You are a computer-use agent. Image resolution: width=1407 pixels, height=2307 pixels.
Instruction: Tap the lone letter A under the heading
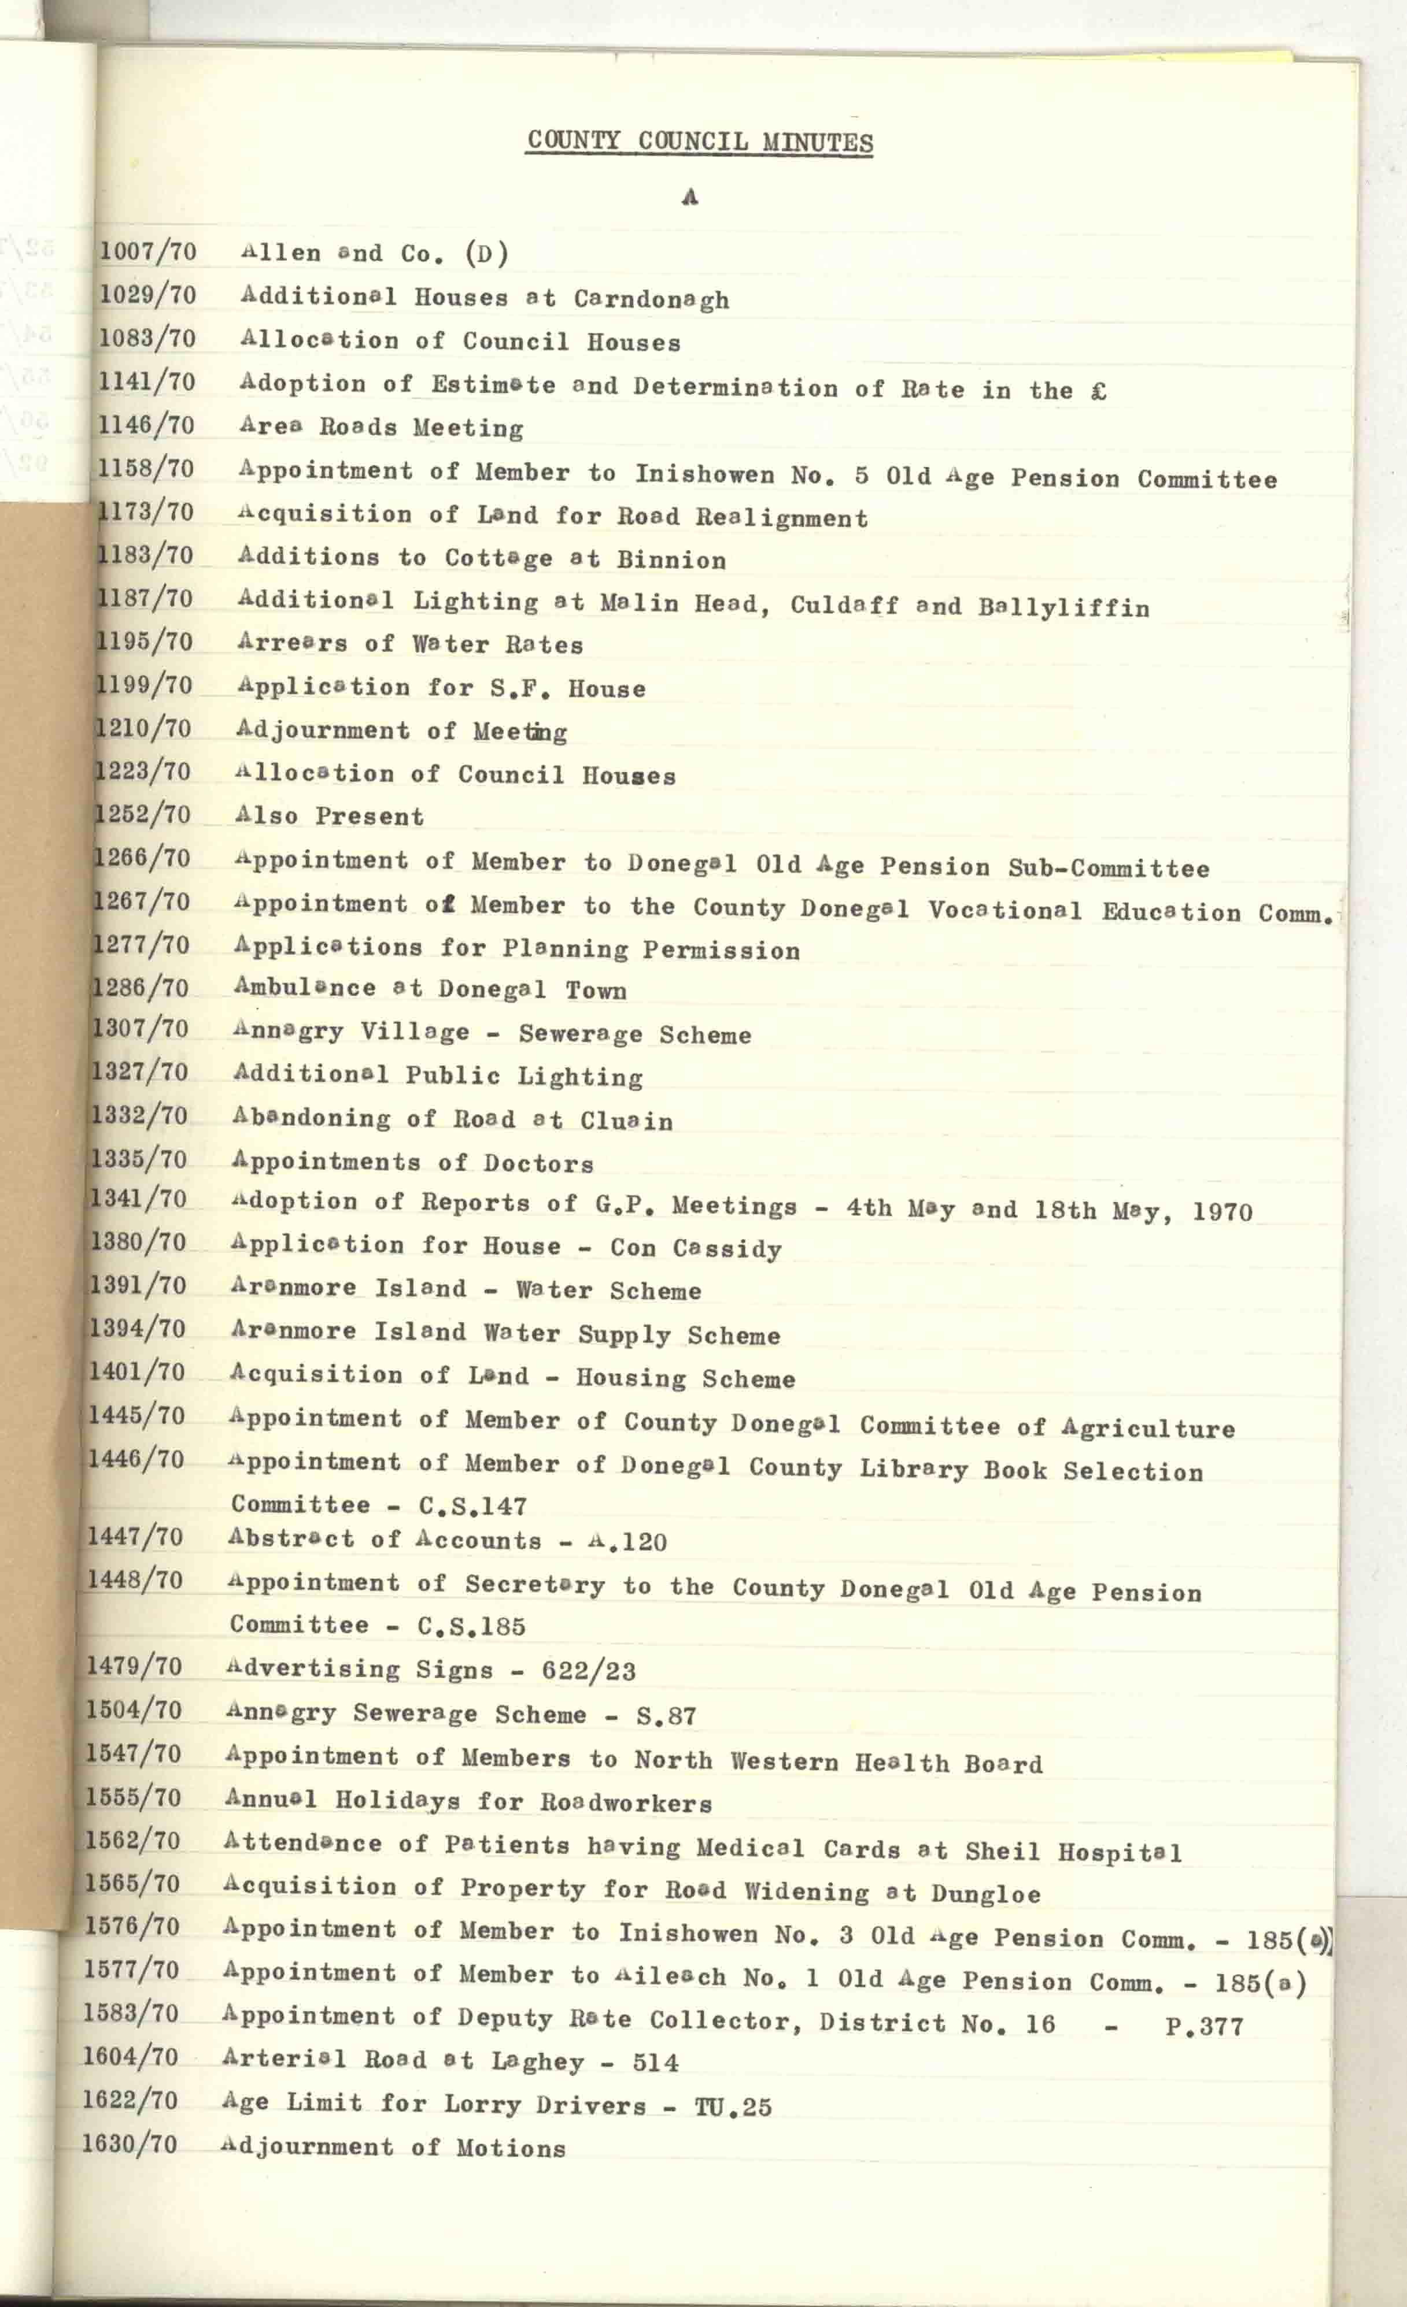[x=690, y=196]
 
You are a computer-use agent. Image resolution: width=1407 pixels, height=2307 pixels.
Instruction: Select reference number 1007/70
[x=148, y=251]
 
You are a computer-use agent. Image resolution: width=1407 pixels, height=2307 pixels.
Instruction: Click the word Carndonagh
[x=651, y=299]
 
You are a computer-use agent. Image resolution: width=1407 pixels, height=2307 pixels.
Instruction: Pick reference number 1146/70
[x=146, y=425]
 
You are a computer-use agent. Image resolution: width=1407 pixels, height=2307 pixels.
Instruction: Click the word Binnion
[x=671, y=561]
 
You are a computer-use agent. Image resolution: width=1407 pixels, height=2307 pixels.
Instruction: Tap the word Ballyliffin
[x=1063, y=607]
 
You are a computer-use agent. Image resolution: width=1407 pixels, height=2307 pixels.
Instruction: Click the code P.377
[x=1203, y=2027]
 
